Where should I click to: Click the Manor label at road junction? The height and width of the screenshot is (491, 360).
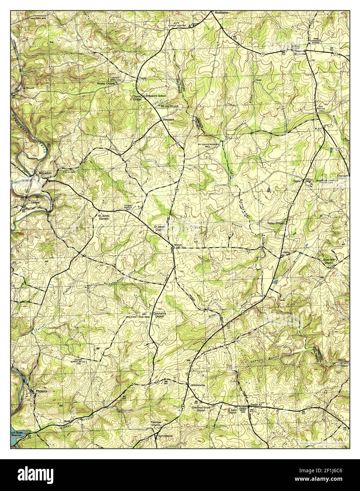coord(178,244)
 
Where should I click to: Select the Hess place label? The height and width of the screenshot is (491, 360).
coord(287,253)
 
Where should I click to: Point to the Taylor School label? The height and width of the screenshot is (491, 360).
coord(276,223)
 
